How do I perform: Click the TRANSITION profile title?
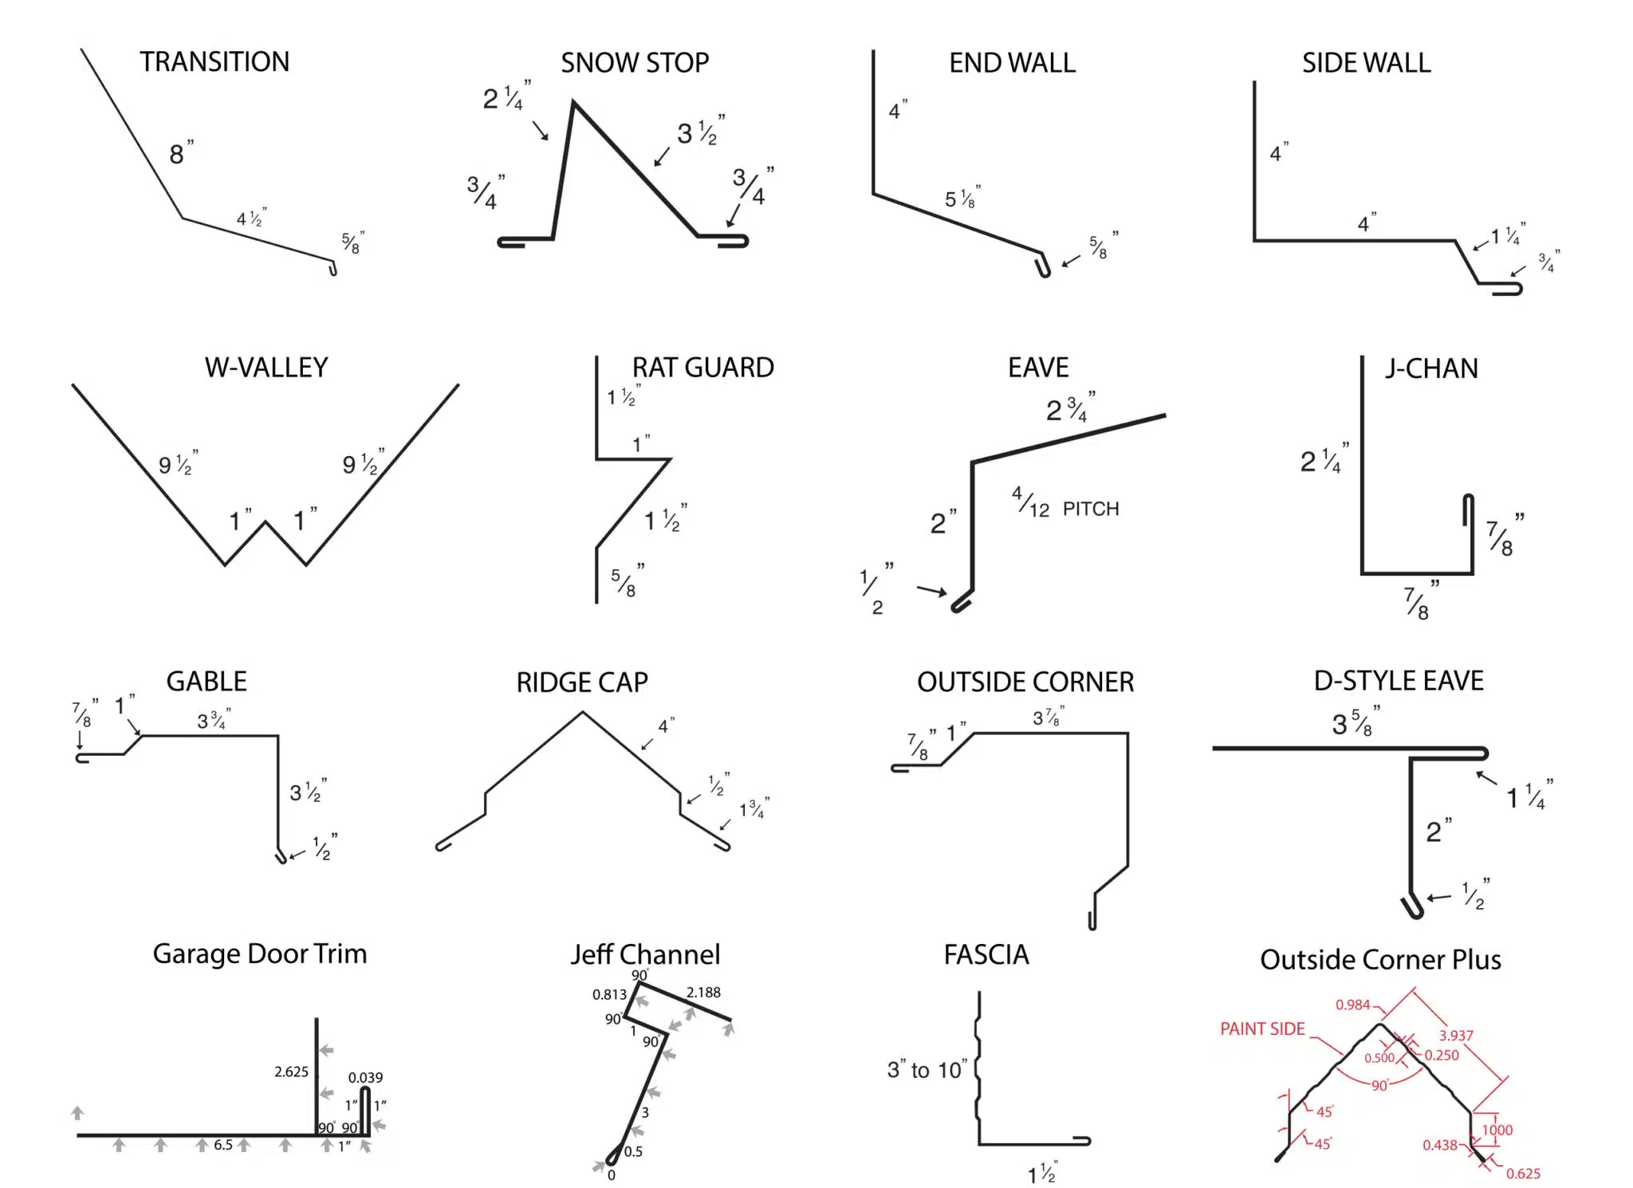click(x=214, y=62)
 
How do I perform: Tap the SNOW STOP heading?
click(x=635, y=63)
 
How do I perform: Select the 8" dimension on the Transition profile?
click(x=181, y=153)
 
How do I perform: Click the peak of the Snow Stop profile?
click(x=573, y=103)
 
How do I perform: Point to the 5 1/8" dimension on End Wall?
click(x=962, y=199)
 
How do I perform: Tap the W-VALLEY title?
click(x=266, y=368)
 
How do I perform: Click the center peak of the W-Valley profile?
click(x=266, y=523)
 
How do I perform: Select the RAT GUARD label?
click(x=702, y=368)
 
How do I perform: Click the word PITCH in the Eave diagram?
click(x=1091, y=509)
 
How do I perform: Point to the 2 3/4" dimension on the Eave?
click(x=1069, y=409)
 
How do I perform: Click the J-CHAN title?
click(x=1431, y=368)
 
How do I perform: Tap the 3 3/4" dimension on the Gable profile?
click(x=213, y=721)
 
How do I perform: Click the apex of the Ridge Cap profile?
click(x=582, y=713)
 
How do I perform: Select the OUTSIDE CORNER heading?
click(x=1025, y=683)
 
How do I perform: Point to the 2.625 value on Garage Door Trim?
click(x=291, y=1072)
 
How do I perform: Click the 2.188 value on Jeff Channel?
click(x=703, y=993)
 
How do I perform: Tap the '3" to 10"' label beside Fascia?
click(x=927, y=1070)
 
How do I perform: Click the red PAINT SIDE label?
click(x=1262, y=1029)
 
